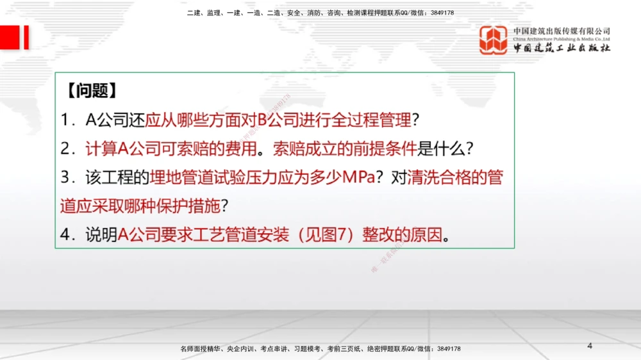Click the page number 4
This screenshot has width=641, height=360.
590,346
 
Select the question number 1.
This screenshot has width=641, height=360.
65,120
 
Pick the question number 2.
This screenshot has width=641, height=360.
65,149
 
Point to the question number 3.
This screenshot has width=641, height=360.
65,177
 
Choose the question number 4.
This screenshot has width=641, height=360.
65,235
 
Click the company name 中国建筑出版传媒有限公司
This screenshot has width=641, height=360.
562,31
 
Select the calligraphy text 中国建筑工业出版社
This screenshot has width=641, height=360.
562,49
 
